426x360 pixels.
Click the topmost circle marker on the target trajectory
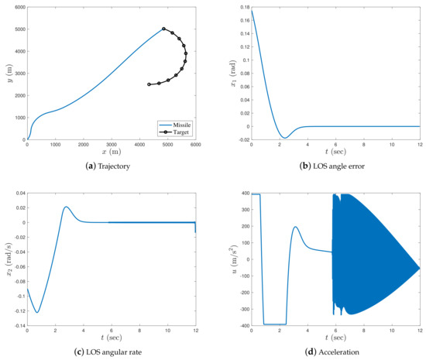coord(163,29)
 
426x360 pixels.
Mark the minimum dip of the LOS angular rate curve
coord(36,312)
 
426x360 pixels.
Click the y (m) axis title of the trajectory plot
coord(7,74)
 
